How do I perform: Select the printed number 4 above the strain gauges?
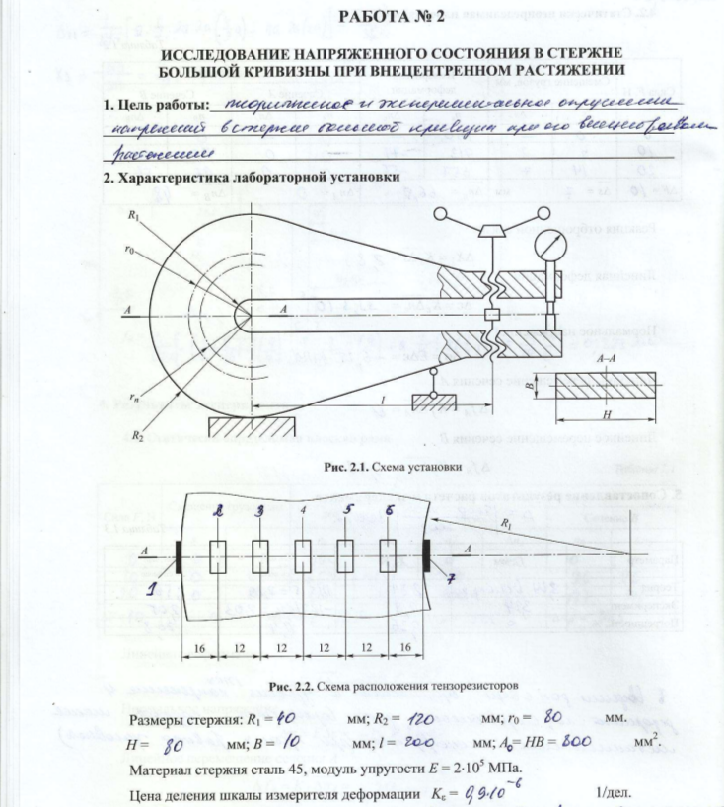tap(303, 510)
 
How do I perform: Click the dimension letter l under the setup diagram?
tap(382, 401)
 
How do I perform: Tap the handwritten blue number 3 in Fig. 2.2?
tap(258, 511)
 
